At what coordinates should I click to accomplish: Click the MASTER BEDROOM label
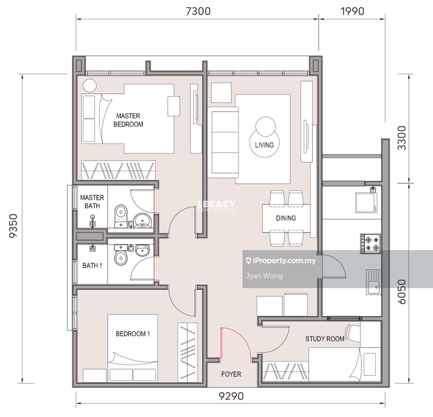click(x=128, y=120)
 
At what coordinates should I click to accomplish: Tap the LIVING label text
click(x=264, y=145)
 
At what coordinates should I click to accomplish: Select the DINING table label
click(x=286, y=218)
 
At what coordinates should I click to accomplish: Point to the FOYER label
click(x=231, y=374)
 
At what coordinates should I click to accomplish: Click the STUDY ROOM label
click(x=325, y=339)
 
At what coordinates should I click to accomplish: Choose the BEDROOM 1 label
click(x=133, y=334)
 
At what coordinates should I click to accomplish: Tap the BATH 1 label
click(x=92, y=265)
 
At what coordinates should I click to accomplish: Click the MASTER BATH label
click(x=92, y=202)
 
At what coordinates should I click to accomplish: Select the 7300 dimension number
click(x=198, y=12)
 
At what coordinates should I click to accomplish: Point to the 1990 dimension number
click(x=352, y=12)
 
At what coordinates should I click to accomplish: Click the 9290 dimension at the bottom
click(x=231, y=396)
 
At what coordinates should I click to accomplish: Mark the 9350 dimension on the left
click(x=13, y=226)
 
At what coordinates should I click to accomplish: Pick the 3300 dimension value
click(x=402, y=138)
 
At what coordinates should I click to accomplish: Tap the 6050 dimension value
click(x=402, y=291)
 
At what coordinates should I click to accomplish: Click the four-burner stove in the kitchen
click(x=370, y=244)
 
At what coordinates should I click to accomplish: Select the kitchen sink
click(x=374, y=282)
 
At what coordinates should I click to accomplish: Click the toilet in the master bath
click(x=121, y=216)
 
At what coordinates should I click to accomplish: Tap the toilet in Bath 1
click(x=121, y=255)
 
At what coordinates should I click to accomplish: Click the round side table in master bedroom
click(x=90, y=86)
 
